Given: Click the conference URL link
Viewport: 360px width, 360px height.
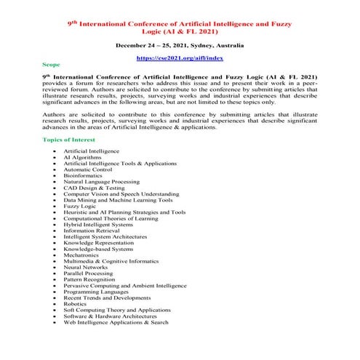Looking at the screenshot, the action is [x=180, y=56].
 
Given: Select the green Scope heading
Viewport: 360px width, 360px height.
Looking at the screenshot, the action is [x=52, y=65].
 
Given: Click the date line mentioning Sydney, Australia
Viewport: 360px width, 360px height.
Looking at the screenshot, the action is [x=180, y=44].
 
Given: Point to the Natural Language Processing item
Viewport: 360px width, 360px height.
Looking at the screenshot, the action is [x=121, y=181].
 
